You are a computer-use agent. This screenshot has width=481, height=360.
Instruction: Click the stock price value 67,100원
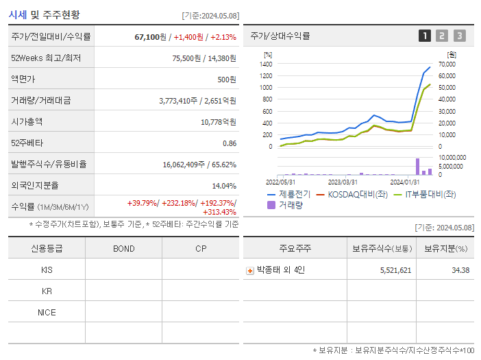click(x=151, y=36)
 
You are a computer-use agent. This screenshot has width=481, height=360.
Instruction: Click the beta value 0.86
click(x=230, y=143)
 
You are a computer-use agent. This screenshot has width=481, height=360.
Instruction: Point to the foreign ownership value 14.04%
click(x=224, y=186)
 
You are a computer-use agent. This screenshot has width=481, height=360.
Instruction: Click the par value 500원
click(x=227, y=80)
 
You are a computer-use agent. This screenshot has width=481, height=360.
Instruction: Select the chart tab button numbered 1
click(x=425, y=36)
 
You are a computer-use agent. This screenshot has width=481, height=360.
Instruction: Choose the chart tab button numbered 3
click(x=459, y=36)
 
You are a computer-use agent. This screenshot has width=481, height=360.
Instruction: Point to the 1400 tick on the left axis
click(x=267, y=64)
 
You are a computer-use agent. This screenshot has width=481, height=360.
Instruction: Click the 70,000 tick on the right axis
click(x=447, y=64)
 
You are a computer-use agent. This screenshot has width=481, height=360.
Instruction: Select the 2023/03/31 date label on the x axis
click(x=343, y=182)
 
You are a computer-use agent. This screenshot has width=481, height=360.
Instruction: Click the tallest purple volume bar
click(x=417, y=167)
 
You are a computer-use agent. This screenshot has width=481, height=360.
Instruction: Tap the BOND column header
click(x=123, y=248)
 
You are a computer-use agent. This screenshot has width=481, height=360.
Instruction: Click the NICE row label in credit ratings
click(x=47, y=313)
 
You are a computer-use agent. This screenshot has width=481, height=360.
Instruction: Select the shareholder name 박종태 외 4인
click(x=280, y=270)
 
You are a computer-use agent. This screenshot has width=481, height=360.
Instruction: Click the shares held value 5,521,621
click(x=395, y=270)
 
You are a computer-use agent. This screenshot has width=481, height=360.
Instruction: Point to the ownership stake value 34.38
click(x=460, y=270)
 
